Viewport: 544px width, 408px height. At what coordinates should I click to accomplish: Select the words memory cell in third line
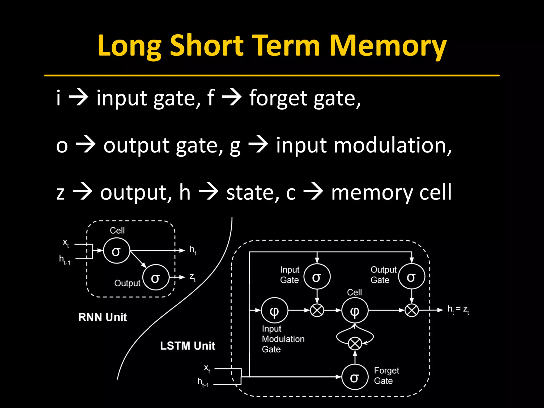[391, 192]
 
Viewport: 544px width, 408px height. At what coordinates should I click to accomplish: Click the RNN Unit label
[103, 317]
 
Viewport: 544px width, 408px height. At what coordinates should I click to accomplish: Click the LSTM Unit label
[188, 346]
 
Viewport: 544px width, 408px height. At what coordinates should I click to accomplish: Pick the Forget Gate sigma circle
[355, 377]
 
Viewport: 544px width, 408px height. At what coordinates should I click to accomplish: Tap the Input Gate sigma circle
[317, 277]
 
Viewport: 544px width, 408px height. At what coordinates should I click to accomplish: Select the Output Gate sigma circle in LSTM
[411, 277]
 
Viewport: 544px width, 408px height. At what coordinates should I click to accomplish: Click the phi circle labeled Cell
[355, 311]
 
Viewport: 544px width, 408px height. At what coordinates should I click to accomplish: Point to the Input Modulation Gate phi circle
[274, 311]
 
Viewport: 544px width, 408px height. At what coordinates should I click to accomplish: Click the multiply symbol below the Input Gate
[317, 310]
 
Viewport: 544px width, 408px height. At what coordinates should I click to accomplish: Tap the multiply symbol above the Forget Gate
[355, 344]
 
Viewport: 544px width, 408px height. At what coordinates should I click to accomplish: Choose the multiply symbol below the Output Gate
[411, 310]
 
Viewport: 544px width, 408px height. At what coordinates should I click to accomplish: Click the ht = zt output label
[458, 309]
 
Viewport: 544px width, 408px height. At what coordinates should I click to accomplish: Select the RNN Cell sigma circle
[116, 251]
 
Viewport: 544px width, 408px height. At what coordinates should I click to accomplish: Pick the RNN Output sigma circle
[156, 278]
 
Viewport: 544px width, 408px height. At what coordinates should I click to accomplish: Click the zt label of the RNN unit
[193, 277]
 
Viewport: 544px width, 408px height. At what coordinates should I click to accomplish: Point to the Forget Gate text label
[386, 376]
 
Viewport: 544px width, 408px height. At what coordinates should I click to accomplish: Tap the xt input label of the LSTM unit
[207, 368]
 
